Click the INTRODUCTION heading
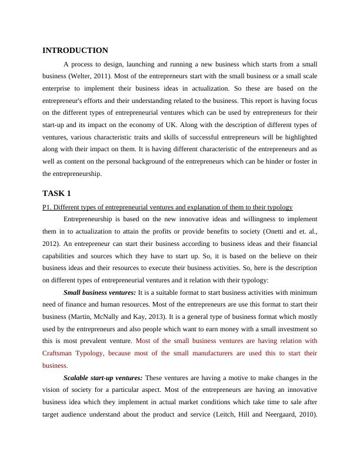(x=75, y=51)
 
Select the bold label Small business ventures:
(x=99, y=292)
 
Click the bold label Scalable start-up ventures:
(x=102, y=378)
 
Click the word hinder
(x=281, y=161)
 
